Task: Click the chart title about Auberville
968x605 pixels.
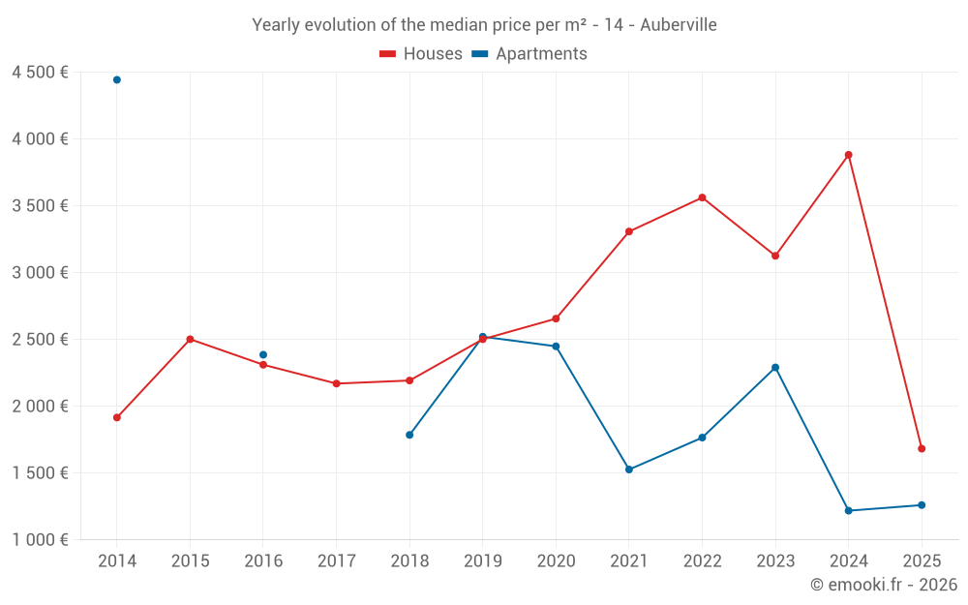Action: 484,25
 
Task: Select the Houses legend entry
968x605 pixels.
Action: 421,54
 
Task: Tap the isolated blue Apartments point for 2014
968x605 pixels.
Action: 117,79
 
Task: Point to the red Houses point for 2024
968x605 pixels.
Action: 848,155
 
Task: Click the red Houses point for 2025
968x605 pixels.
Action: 922,448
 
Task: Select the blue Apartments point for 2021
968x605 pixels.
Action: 629,469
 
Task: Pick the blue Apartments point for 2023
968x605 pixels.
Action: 775,368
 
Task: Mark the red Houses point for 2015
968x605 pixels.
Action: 190,339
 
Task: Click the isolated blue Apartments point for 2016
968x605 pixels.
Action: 263,354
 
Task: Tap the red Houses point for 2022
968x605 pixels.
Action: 702,197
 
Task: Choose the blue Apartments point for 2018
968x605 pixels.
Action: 409,435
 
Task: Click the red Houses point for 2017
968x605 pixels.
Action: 336,383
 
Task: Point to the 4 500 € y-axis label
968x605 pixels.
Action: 40,73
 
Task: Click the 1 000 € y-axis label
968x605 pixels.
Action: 40,540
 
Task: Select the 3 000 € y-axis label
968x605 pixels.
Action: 40,273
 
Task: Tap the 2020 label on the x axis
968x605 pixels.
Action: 556,561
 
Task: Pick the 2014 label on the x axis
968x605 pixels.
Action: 117,561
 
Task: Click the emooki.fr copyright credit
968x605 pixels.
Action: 884,585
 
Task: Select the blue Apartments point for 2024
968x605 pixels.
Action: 848,510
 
